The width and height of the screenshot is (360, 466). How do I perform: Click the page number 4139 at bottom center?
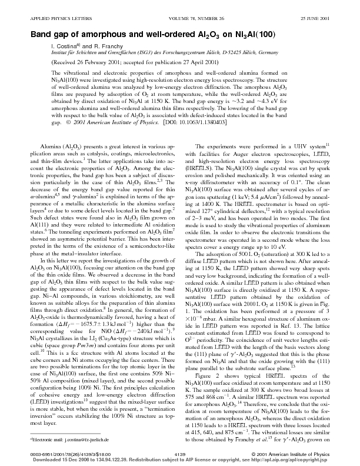click(180, 454)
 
